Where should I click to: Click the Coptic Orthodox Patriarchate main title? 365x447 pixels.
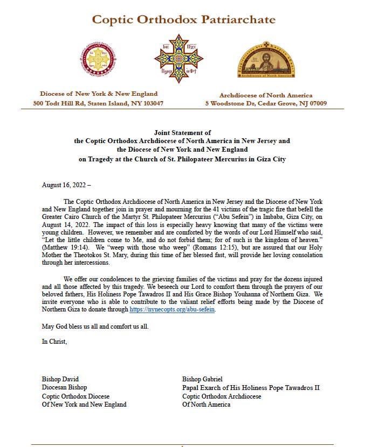[x=183, y=20]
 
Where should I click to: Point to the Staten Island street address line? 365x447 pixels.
[x=98, y=103]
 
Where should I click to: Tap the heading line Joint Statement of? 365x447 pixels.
[x=182, y=132]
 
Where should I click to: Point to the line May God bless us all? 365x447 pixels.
[x=95, y=327]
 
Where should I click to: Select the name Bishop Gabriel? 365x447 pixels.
[x=202, y=379]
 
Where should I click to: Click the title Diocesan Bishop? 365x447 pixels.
[x=65, y=387]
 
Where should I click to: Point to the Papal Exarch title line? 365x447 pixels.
[x=251, y=387]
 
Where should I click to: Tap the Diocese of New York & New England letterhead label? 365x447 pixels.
[x=98, y=94]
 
